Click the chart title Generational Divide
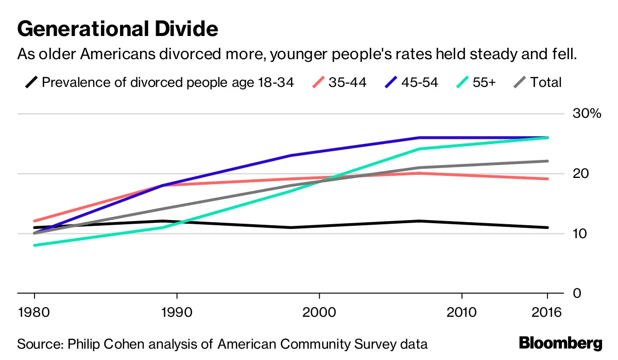pyautogui.click(x=117, y=29)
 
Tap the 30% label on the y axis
pyautogui.click(x=587, y=114)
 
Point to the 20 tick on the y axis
pyautogui.click(x=580, y=174)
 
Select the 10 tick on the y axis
pyautogui.click(x=580, y=233)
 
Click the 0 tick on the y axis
pyautogui.click(x=577, y=293)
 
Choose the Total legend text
pyautogui.click(x=546, y=82)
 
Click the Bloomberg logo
pyautogui.click(x=560, y=343)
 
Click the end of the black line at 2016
pyautogui.click(x=547, y=227)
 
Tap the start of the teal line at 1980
pyautogui.click(x=35, y=245)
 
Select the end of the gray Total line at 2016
pyautogui.click(x=547, y=161)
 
